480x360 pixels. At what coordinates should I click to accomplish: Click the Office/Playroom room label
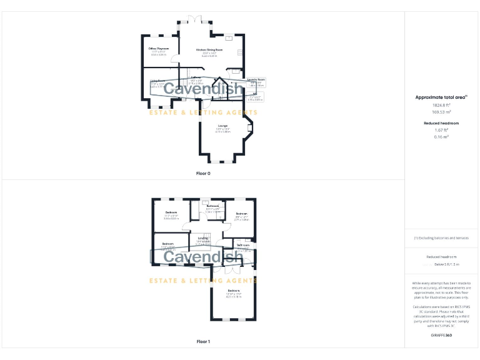(159, 49)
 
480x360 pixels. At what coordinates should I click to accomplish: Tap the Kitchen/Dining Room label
(209, 49)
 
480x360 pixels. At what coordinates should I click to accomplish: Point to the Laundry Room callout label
(256, 79)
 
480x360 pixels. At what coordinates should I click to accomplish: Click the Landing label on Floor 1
(203, 237)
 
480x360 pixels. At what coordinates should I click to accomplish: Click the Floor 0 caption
(203, 172)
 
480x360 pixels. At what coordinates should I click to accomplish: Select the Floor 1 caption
(203, 341)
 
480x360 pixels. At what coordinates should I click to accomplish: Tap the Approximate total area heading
(441, 97)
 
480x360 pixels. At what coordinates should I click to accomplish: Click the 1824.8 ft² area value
(442, 105)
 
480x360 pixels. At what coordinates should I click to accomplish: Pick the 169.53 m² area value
(442, 112)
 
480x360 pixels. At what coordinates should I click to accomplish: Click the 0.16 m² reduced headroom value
(442, 136)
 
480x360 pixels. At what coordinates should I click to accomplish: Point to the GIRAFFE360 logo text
(441, 336)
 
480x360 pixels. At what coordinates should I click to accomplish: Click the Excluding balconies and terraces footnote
(441, 238)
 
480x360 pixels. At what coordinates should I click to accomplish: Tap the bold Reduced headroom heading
(442, 123)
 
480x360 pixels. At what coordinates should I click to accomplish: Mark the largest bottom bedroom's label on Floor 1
(233, 291)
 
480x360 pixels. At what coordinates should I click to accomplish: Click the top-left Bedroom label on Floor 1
(171, 214)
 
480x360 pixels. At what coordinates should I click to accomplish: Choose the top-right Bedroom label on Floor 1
(241, 214)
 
